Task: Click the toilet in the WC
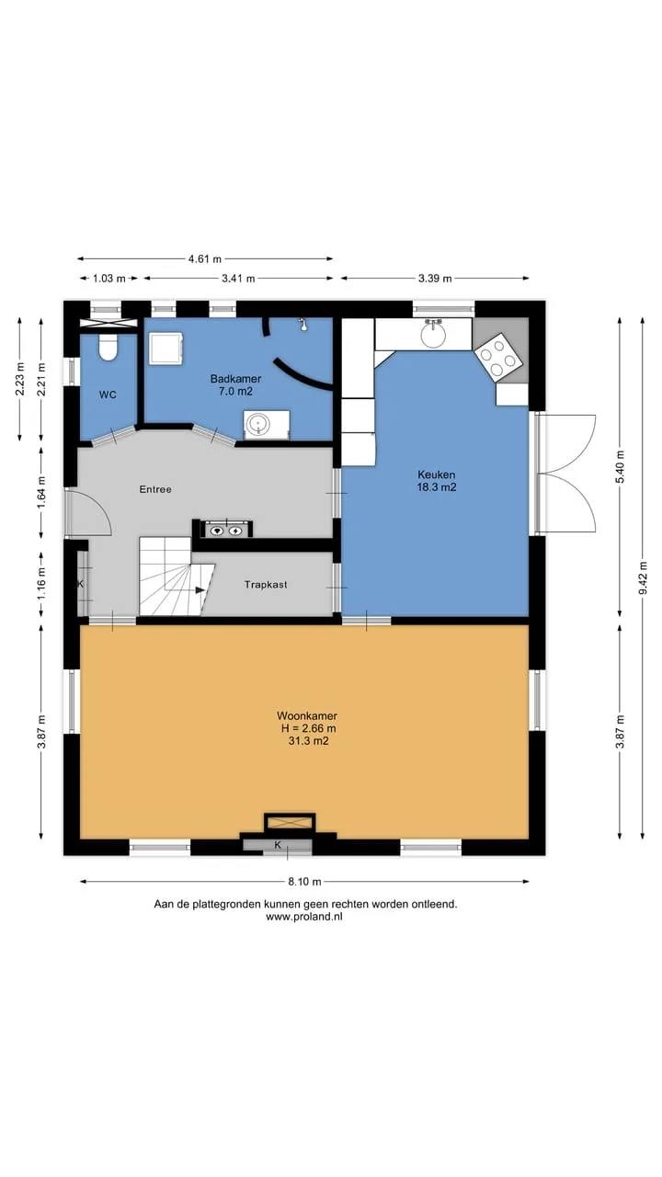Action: (x=108, y=348)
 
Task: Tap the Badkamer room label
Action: (x=235, y=378)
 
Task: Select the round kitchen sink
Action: (x=434, y=335)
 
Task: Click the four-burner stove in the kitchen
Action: (x=498, y=356)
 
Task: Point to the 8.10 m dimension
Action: (x=304, y=882)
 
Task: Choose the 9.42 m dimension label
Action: (x=643, y=578)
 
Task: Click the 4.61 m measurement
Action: (x=205, y=258)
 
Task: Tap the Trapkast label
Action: (x=266, y=584)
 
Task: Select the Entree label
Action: (x=155, y=489)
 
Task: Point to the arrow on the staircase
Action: (x=200, y=590)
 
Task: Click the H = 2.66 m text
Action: (x=308, y=728)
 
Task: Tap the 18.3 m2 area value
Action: (x=436, y=487)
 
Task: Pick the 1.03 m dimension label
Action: (x=109, y=279)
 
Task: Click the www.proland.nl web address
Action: (x=304, y=917)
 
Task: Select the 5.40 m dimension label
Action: (x=621, y=467)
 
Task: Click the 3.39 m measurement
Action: (x=435, y=279)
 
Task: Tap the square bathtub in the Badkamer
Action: (x=165, y=348)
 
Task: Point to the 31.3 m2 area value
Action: (x=308, y=741)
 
